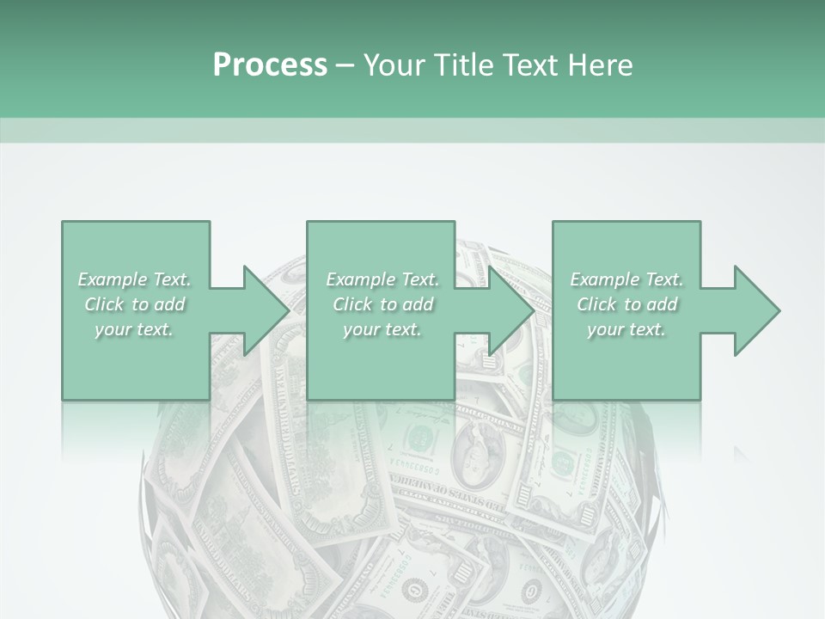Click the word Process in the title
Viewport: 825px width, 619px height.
[x=270, y=65]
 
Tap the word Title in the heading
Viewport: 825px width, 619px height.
[x=461, y=65]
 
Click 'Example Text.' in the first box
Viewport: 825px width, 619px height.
[x=134, y=279]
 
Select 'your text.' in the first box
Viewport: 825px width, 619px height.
[x=134, y=329]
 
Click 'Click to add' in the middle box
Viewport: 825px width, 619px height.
[x=382, y=304]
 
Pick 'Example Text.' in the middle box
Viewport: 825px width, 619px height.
[x=382, y=279]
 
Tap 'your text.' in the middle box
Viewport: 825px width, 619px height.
[x=382, y=329]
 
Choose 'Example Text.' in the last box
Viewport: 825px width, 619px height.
[x=626, y=279]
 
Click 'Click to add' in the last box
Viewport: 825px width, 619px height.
[x=626, y=304]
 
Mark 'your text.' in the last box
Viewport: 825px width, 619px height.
[x=626, y=329]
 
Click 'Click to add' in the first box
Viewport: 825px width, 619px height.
[x=134, y=304]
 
